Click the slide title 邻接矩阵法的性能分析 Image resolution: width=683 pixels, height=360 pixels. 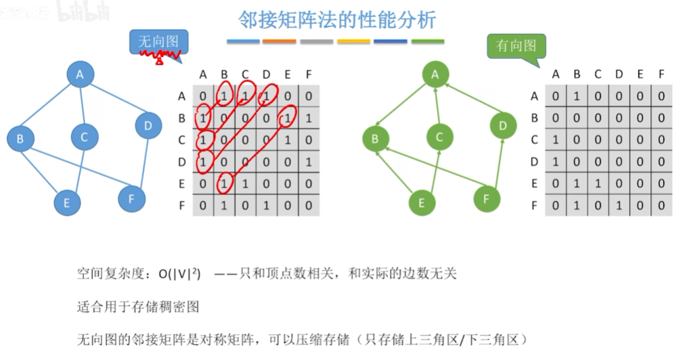click(x=337, y=19)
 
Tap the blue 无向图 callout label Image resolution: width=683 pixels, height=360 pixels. click(x=158, y=43)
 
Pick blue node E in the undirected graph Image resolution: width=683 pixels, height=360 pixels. click(x=66, y=202)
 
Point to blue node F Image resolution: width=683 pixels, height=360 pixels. click(x=131, y=198)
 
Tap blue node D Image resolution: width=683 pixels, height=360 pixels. click(x=148, y=125)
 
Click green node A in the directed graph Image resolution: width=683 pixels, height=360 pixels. click(x=435, y=74)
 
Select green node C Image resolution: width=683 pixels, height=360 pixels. click(x=439, y=137)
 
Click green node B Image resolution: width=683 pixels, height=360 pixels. click(x=376, y=139)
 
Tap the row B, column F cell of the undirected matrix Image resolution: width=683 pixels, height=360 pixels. click(x=309, y=118)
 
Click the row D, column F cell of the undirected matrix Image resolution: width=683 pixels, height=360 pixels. click(x=309, y=162)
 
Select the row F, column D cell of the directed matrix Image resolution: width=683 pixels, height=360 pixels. click(x=619, y=205)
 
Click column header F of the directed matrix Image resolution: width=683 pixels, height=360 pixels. click(x=661, y=74)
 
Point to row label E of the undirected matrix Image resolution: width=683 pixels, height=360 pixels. click(x=181, y=183)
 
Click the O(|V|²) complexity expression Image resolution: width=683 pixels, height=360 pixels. click(x=180, y=274)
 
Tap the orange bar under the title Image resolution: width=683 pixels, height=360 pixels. click(x=279, y=41)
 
